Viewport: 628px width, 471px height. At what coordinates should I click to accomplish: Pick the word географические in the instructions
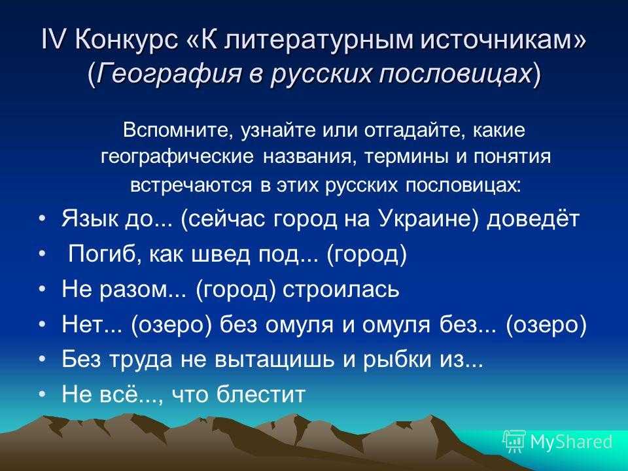pyautogui.click(x=177, y=157)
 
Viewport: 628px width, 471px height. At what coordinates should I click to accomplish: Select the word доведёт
pyautogui.click(x=533, y=218)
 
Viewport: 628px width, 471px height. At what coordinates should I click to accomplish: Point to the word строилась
pyautogui.click(x=341, y=289)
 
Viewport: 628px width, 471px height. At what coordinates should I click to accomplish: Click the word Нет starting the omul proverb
pyautogui.click(x=81, y=324)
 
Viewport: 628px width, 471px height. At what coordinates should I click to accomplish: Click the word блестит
pyautogui.click(x=261, y=394)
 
